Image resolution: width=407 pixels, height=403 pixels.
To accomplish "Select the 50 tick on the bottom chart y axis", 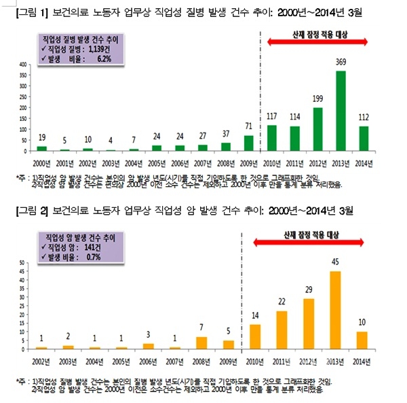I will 22,262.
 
